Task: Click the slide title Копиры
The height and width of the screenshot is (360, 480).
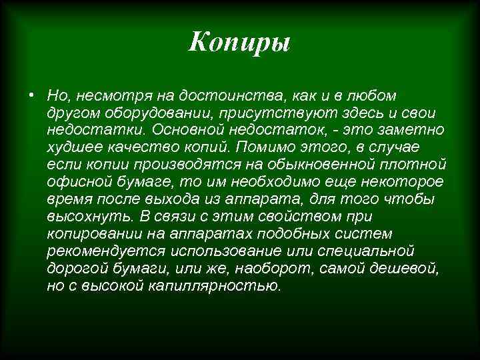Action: (239, 43)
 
